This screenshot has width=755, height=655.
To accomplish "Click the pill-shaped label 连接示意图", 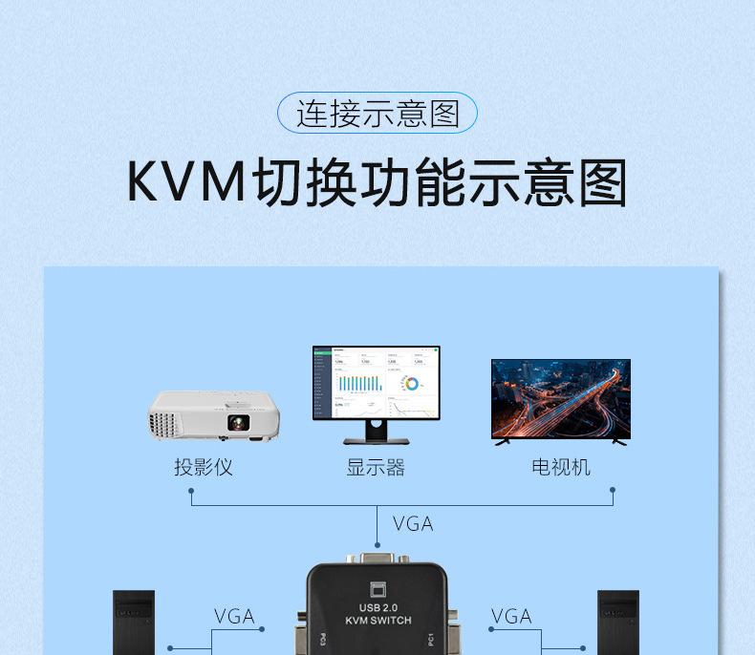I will pyautogui.click(x=377, y=114).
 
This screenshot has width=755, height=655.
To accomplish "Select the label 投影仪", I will pyautogui.click(x=203, y=467).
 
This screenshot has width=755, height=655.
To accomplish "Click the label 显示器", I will pyautogui.click(x=376, y=467).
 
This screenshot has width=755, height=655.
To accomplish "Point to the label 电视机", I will pyautogui.click(x=561, y=467).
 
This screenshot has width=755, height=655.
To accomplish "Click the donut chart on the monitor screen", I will pyautogui.click(x=412, y=384).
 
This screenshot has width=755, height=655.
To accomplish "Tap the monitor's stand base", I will pyautogui.click(x=376, y=441).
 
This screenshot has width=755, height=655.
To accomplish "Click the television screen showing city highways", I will pyautogui.click(x=560, y=398).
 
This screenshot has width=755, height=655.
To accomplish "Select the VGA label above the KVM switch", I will pyautogui.click(x=413, y=523).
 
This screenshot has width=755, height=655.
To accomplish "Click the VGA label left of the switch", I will pyautogui.click(x=234, y=616).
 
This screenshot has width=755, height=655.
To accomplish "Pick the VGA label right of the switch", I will pyautogui.click(x=511, y=616).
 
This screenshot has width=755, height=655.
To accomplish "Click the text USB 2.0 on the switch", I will pyautogui.click(x=377, y=607).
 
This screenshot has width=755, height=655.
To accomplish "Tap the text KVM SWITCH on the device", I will pyautogui.click(x=377, y=621).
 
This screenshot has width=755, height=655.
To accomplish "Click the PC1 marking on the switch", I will pyautogui.click(x=430, y=638).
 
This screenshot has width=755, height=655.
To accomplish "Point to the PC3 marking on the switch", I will pyautogui.click(x=323, y=638).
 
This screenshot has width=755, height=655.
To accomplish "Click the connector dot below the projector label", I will pyautogui.click(x=192, y=491).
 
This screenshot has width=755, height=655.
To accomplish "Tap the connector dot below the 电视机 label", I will pyautogui.click(x=613, y=491).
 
